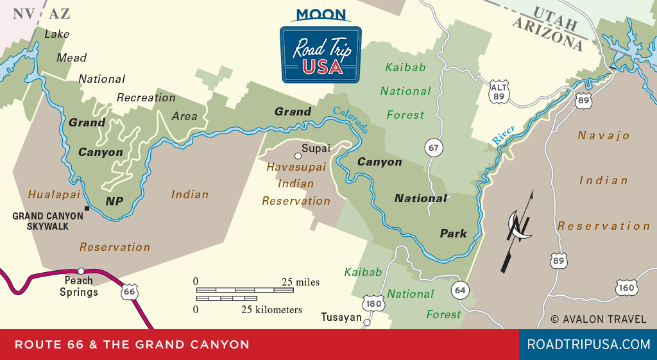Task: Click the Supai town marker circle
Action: coord(297,155)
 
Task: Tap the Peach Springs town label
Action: coord(79,286)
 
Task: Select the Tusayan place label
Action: coord(341,318)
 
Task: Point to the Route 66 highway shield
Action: coord(130,292)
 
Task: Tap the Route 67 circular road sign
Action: coord(434,148)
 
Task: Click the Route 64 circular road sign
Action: coord(459,289)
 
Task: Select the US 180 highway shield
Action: coord(373,303)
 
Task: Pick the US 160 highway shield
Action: coord(626,287)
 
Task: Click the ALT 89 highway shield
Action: coord(498,92)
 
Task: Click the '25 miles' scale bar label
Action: coord(300,282)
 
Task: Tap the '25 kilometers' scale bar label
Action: coord(271,310)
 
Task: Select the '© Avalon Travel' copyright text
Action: coord(599,319)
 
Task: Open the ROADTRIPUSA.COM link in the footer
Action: coord(588,345)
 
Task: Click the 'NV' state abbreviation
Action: coord(24,14)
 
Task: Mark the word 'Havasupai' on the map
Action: coord(296,167)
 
